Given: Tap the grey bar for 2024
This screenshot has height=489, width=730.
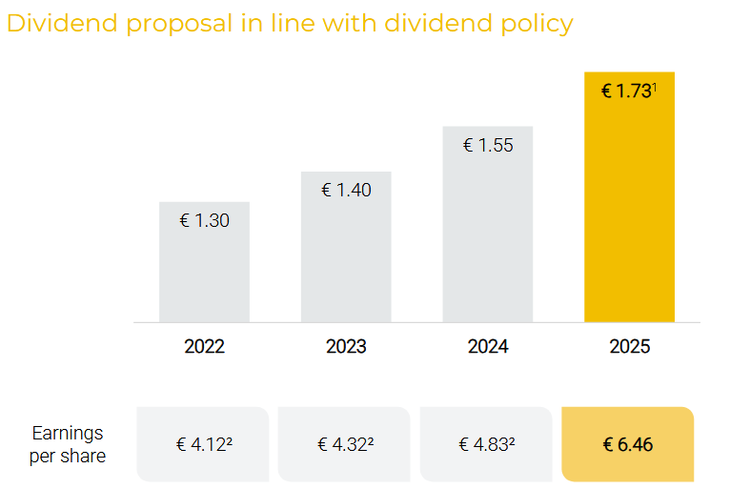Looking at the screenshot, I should tap(487, 234).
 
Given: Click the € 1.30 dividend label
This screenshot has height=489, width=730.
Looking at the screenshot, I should tap(204, 220).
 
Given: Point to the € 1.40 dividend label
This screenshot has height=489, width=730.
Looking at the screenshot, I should tap(346, 190).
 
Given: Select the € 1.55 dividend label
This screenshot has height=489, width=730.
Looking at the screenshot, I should tap(487, 145).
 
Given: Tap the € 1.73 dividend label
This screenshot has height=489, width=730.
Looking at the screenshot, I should tap(625, 92).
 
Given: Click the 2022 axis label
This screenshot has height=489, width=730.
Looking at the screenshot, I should tap(204, 346).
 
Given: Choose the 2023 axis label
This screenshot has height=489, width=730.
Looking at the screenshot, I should tap(346, 346).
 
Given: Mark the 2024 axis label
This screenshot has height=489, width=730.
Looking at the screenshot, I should tap(487, 346).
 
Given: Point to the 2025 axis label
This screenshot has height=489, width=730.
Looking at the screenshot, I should tap(629, 346).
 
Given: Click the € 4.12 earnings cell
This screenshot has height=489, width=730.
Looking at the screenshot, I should tap(205, 444).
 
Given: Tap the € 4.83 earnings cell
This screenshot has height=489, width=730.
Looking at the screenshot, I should tap(486, 444).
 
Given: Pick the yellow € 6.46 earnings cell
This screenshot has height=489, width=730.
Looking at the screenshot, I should tap(628, 444).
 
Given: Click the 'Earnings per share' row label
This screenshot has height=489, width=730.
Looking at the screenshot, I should tap(68, 444).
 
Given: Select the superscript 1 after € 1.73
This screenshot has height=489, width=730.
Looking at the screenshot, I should tap(654, 87).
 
